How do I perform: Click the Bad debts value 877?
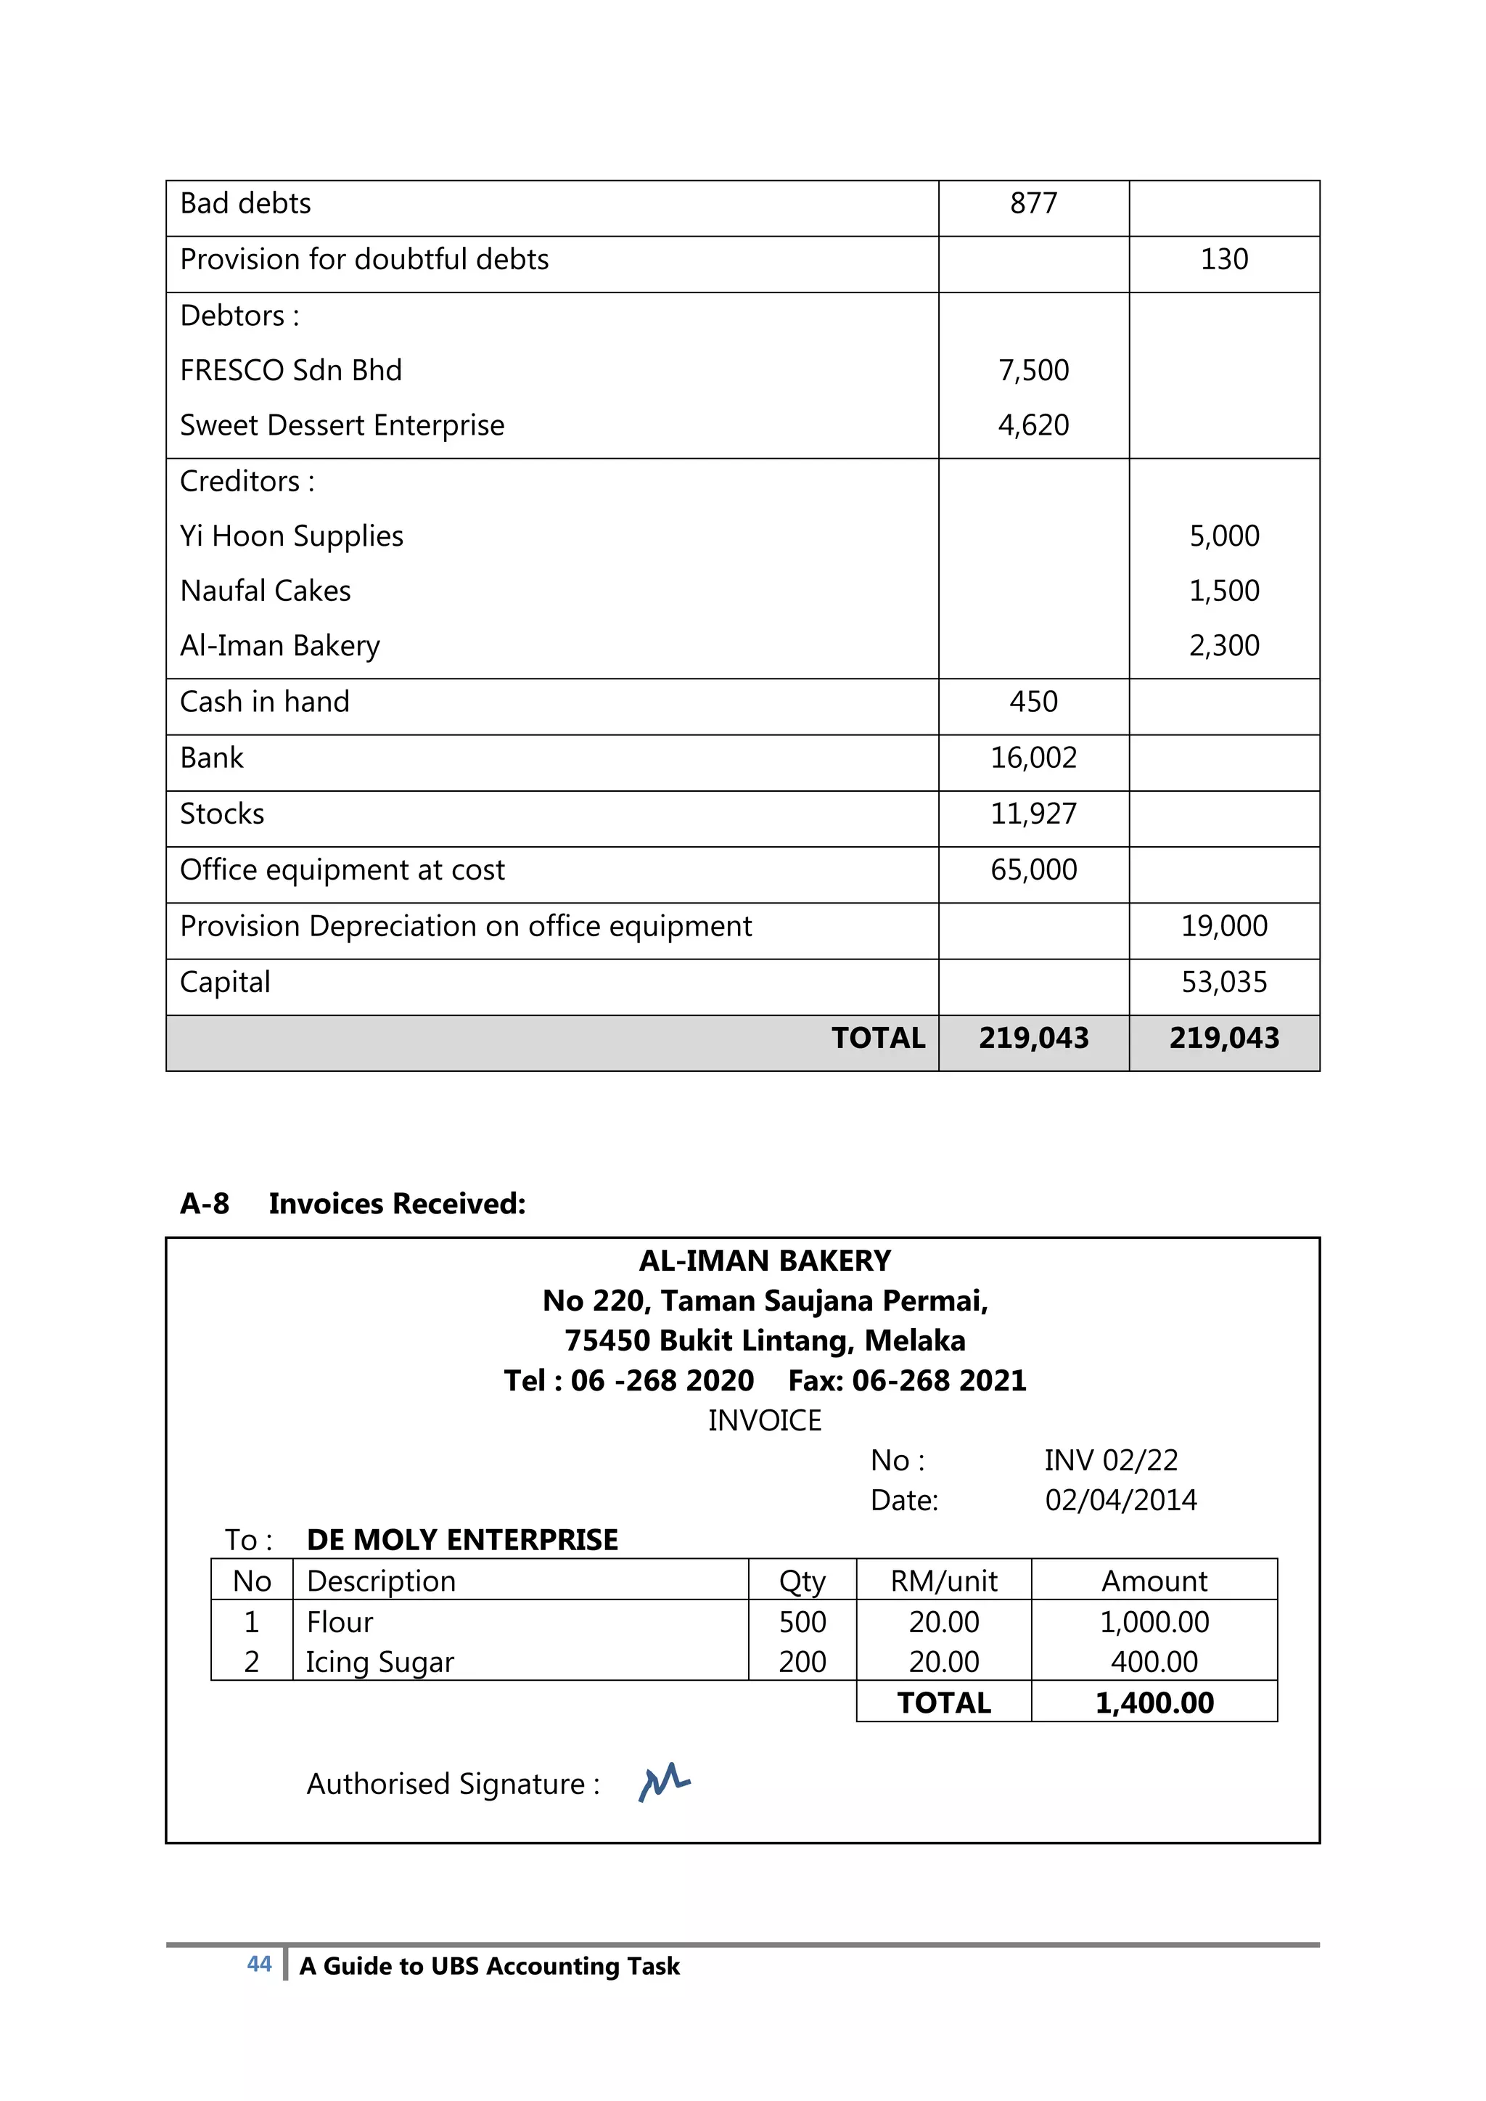click(x=1033, y=203)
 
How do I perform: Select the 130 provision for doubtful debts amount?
click(x=1223, y=260)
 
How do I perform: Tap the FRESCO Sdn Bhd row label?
click(x=291, y=371)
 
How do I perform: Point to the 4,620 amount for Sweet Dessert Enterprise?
click(x=1033, y=425)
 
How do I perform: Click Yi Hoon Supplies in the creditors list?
click(x=291, y=536)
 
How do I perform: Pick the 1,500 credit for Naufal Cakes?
click(x=1223, y=591)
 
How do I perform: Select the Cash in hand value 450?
click(x=1033, y=702)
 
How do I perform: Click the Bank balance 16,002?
click(x=1033, y=758)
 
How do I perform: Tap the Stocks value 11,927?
click(x=1033, y=814)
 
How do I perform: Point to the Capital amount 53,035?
click(x=1223, y=983)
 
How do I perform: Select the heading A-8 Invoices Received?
click(x=353, y=1204)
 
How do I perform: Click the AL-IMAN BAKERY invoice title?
click(x=764, y=1262)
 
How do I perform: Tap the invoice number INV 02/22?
click(x=1111, y=1460)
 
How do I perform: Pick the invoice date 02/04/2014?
click(x=1120, y=1501)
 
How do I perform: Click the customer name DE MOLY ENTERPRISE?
click(x=462, y=1540)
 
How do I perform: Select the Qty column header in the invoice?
click(x=802, y=1581)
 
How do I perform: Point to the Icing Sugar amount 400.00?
click(x=1154, y=1662)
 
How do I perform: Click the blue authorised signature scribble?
click(x=665, y=1782)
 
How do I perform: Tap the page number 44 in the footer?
click(x=259, y=1964)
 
